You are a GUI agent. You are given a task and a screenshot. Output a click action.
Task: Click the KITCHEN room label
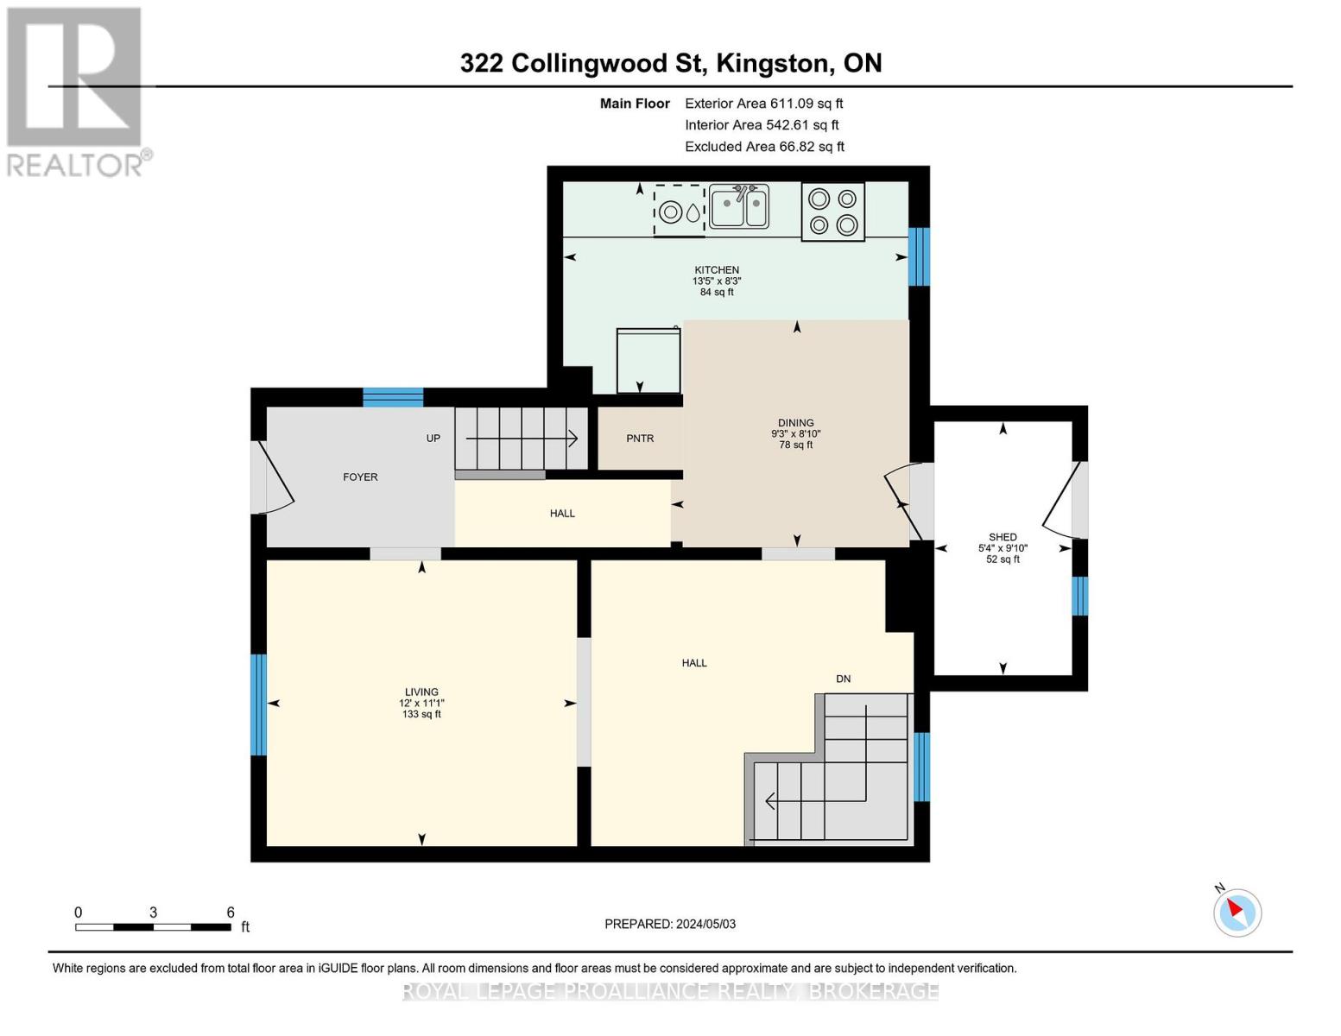pyautogui.click(x=717, y=270)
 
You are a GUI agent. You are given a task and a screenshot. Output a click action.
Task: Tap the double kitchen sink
pyautogui.click(x=739, y=207)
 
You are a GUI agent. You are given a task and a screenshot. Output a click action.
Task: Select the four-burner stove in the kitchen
pyautogui.click(x=832, y=212)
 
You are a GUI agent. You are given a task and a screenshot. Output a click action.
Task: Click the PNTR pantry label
pyautogui.click(x=640, y=439)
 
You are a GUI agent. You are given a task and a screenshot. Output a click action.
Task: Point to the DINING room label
pyautogui.click(x=795, y=423)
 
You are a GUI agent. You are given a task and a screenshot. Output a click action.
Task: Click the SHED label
pyautogui.click(x=1003, y=537)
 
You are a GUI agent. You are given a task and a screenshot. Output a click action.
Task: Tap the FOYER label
pyautogui.click(x=360, y=477)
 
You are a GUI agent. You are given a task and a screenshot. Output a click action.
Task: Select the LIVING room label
pyautogui.click(x=421, y=692)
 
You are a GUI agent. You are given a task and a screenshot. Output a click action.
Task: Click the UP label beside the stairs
pyautogui.click(x=433, y=439)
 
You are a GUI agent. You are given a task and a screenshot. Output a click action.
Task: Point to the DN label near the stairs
pyautogui.click(x=844, y=679)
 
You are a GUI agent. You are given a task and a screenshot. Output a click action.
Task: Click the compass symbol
pyautogui.click(x=1237, y=912)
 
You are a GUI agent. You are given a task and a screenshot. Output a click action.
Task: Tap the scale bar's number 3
pyautogui.click(x=153, y=913)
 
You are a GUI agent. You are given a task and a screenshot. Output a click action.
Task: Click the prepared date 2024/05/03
pyautogui.click(x=705, y=924)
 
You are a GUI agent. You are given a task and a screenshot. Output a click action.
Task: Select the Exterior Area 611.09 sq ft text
pyautogui.click(x=763, y=104)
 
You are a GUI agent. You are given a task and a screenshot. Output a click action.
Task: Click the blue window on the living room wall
pyautogui.click(x=258, y=704)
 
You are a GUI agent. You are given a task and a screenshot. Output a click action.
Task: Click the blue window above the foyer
pyautogui.click(x=393, y=397)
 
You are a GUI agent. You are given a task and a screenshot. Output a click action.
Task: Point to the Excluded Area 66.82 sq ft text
pyautogui.click(x=764, y=147)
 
